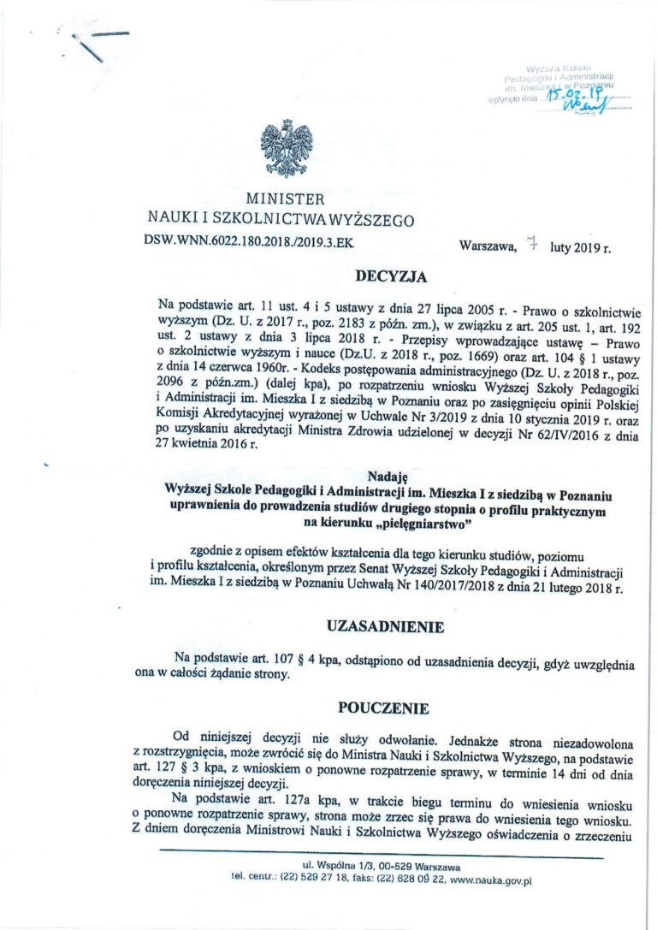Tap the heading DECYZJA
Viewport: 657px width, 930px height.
[x=390, y=276]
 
